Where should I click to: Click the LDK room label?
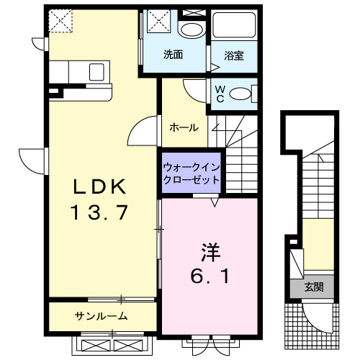(x=99, y=186)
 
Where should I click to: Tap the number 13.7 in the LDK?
(x=99, y=212)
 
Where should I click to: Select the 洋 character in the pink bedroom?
(x=211, y=252)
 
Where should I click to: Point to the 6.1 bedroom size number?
(x=210, y=276)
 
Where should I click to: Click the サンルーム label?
(x=101, y=316)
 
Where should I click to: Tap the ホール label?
(x=184, y=127)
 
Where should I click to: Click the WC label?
(x=220, y=94)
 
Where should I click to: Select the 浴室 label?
(x=234, y=55)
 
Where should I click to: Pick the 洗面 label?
(x=173, y=55)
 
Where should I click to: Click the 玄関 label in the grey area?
(x=314, y=287)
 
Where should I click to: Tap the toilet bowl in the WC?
(x=239, y=94)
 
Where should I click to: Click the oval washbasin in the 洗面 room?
(x=192, y=30)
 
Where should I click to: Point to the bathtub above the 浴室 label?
(x=234, y=24)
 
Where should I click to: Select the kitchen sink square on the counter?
(x=96, y=72)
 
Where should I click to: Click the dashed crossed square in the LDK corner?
(x=60, y=21)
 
